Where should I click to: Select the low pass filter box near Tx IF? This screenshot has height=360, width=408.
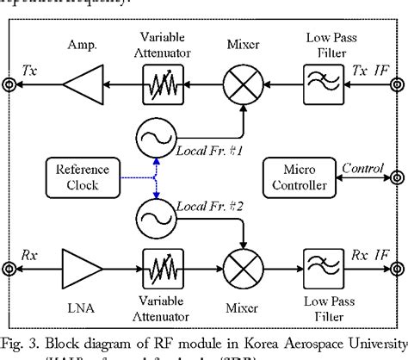pyautogui.click(x=325, y=85)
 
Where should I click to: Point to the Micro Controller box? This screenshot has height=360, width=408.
pyautogui.click(x=294, y=176)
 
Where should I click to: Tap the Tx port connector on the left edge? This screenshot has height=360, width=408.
pyautogui.click(x=10, y=85)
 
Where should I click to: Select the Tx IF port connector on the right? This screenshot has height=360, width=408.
pyautogui.click(x=397, y=85)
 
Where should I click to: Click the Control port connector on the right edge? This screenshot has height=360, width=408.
pyautogui.click(x=397, y=176)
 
